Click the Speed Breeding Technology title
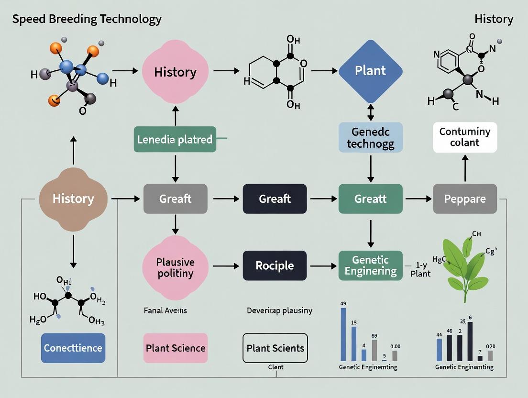pos(87,19)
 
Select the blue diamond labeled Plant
pos(370,71)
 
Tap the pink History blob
pos(175,72)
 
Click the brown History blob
pos(73,199)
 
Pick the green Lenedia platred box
pos(175,140)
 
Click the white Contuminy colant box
pos(465,137)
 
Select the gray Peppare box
pos(465,198)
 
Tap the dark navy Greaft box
pos(275,198)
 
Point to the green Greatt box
pos(370,198)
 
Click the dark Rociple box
pos(275,265)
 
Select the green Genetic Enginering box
pos(370,265)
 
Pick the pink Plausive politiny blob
pos(175,267)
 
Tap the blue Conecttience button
pos(73,348)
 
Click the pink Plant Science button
pos(176,348)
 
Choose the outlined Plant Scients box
pos(275,348)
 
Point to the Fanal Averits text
pos(165,310)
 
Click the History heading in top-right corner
pos(494,19)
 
